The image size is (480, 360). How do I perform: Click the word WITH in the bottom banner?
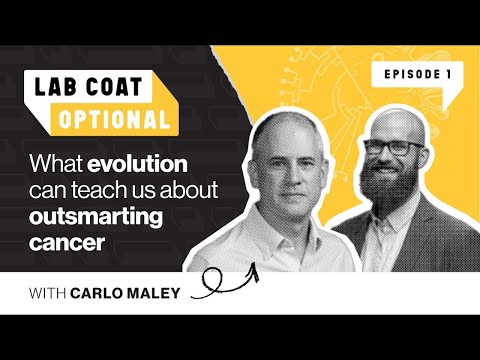tap(56, 293)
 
